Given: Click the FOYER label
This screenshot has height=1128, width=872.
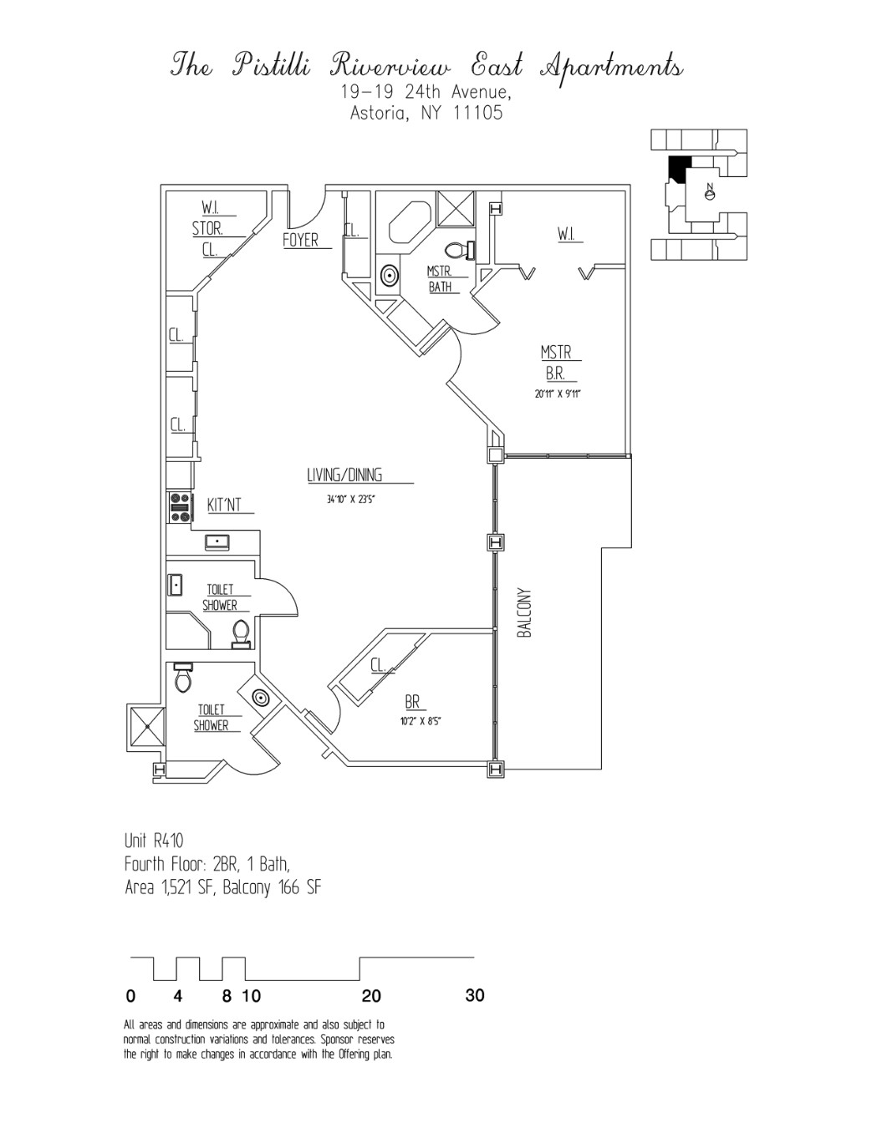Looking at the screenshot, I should pyautogui.click(x=300, y=241).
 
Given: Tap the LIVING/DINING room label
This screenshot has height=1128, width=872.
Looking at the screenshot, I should pyautogui.click(x=344, y=475).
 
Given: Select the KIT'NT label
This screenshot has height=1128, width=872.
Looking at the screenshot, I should pyautogui.click(x=224, y=505).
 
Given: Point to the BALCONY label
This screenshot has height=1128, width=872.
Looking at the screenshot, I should pyautogui.click(x=525, y=613).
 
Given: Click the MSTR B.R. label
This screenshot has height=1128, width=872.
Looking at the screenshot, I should pyautogui.click(x=556, y=364).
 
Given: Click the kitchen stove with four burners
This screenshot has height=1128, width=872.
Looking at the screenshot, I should pyautogui.click(x=179, y=507).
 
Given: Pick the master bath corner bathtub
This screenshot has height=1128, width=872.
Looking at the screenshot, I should pyautogui.click(x=409, y=221).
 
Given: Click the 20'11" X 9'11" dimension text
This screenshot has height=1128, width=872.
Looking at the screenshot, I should pyautogui.click(x=558, y=394).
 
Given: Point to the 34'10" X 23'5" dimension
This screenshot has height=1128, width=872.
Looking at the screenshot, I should pyautogui.click(x=350, y=500).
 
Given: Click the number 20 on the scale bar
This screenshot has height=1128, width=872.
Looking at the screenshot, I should pyautogui.click(x=371, y=996).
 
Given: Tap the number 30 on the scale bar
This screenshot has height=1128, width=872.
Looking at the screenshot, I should pyautogui.click(x=474, y=995).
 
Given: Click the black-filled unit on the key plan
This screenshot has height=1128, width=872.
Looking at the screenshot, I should pyautogui.click(x=678, y=168).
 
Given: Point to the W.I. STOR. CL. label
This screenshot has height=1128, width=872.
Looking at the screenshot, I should pyautogui.click(x=208, y=228).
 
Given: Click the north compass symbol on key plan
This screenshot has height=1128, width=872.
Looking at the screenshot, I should pyautogui.click(x=710, y=193).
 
